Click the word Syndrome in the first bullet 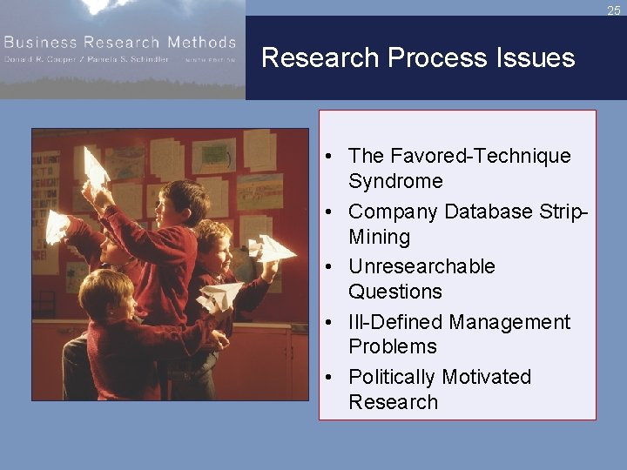point(395,181)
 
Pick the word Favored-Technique point(460,156)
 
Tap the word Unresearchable point(421,266)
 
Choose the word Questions point(395,292)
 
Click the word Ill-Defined point(395,322)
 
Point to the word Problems point(392,346)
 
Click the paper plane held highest point(96,167)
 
